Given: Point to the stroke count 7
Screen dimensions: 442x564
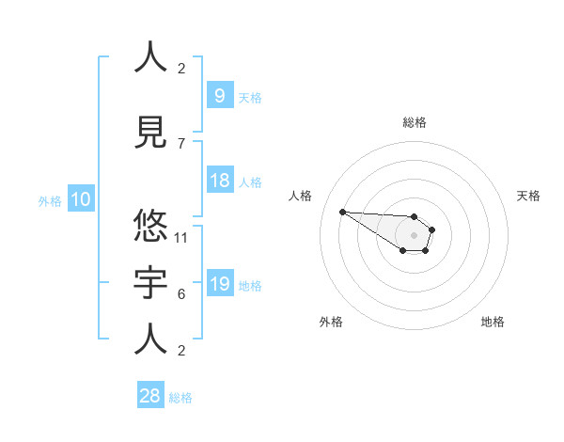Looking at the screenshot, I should (x=181, y=143).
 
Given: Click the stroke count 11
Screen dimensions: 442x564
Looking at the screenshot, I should (x=181, y=237).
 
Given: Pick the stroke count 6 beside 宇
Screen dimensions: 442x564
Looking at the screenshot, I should (x=181, y=293).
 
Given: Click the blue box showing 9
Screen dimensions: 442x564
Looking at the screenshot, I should (x=219, y=95).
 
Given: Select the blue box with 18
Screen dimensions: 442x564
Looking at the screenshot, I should (x=219, y=181).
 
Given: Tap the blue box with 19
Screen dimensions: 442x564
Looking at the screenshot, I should (x=219, y=284).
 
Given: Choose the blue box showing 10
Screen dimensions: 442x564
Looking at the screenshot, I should (x=80, y=199).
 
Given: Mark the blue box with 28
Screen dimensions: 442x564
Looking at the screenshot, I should (x=149, y=396).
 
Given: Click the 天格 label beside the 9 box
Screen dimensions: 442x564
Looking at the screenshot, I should (x=250, y=97).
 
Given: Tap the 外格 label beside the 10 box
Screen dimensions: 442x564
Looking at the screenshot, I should (x=50, y=200).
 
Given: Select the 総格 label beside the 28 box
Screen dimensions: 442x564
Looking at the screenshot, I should (x=180, y=398).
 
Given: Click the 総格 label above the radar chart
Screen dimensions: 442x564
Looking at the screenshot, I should (x=415, y=122).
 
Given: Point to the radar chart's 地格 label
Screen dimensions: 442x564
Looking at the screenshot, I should (x=493, y=322).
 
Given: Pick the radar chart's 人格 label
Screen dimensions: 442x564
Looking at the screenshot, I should (x=301, y=196).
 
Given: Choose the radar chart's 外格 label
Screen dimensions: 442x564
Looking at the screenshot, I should (x=331, y=322).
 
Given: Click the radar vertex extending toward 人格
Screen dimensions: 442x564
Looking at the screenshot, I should (x=342, y=212).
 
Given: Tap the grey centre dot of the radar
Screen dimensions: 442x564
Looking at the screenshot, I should (x=414, y=235).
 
